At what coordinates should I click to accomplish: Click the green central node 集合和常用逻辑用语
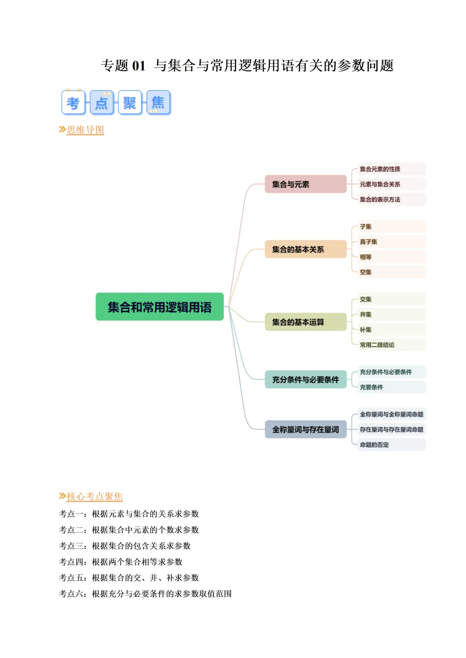[x=159, y=307]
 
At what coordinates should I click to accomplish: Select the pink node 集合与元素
[x=305, y=184]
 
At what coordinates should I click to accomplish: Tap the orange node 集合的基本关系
[x=305, y=249]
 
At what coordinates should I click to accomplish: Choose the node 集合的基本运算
[x=305, y=322]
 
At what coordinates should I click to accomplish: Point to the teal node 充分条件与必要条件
[x=305, y=380]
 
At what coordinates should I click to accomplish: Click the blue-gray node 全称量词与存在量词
[x=305, y=429]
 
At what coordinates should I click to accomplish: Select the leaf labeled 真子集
[x=369, y=242]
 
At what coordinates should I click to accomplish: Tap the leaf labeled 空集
[x=366, y=272]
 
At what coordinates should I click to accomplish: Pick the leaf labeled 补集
[x=366, y=330]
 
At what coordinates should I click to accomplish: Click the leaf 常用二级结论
[x=377, y=345]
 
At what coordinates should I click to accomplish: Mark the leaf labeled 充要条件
[x=372, y=387]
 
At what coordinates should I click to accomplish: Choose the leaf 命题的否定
[x=375, y=445]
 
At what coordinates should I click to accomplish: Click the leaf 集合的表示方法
[x=380, y=200]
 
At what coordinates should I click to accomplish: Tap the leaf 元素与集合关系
[x=380, y=184]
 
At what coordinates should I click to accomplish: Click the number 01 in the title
[x=139, y=65]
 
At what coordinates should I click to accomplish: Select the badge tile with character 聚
[x=130, y=103]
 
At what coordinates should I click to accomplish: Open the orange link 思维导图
[x=85, y=130]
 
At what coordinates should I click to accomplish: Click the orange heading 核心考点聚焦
[x=94, y=496]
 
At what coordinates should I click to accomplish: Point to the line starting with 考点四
[x=121, y=561]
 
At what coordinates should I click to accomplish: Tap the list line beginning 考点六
[x=145, y=593]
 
